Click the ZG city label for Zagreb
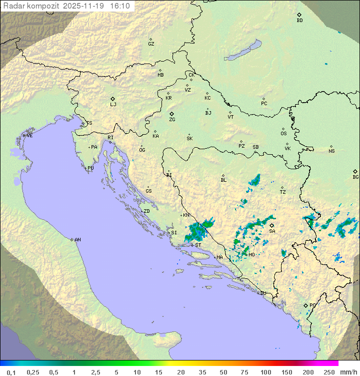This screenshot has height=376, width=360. [172, 120]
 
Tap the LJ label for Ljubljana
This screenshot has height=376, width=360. [113, 104]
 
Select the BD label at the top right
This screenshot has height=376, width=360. [299, 21]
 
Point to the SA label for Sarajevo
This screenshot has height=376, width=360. [272, 231]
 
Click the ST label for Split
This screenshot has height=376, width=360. [198, 245]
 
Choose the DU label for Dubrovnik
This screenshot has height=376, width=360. [263, 293]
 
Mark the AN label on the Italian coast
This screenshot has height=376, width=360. [77, 240]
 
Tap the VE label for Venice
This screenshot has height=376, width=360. [29, 136]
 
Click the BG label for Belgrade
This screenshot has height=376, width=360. [355, 177]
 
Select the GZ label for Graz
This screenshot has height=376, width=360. [151, 44]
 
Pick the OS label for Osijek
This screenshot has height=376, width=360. [283, 134]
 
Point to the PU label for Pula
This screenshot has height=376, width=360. [90, 168]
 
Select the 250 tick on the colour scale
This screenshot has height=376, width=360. [329, 372]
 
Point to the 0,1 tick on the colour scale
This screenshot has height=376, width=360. [11, 372]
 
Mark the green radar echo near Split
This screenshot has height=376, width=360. [197, 231]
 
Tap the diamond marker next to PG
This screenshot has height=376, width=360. [305, 305]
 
